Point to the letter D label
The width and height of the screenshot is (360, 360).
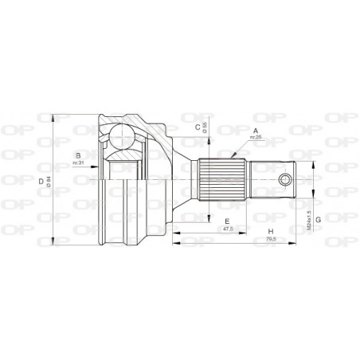click(41, 182)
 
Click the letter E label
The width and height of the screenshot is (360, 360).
click(226, 221)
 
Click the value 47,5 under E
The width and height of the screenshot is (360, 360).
click(227, 229)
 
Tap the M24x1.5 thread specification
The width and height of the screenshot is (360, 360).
click(307, 213)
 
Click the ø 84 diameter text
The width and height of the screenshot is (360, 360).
click(49, 182)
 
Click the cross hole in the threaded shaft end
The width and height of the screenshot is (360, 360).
click(285, 179)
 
